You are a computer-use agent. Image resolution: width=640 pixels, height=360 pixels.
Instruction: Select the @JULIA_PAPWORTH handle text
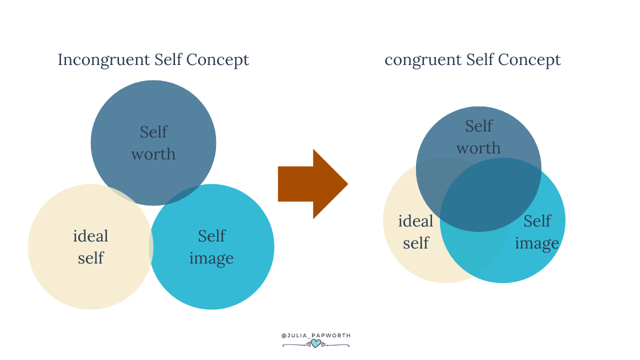(316, 335)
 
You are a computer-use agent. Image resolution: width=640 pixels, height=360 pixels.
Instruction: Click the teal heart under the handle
(316, 343)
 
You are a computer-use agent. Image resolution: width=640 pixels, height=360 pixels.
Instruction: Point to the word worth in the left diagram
(153, 154)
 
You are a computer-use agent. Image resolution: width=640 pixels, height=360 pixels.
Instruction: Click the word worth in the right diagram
(478, 148)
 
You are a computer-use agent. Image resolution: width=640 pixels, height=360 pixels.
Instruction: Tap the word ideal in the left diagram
(90, 236)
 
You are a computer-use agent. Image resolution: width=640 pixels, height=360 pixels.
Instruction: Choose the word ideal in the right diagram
(415, 221)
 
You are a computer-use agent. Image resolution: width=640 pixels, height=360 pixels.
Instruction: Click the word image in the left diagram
(211, 258)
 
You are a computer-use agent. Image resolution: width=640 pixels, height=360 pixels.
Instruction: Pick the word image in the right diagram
(537, 243)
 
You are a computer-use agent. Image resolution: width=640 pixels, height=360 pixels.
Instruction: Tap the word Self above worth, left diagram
(153, 132)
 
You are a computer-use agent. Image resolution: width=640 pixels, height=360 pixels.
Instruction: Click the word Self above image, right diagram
(537, 221)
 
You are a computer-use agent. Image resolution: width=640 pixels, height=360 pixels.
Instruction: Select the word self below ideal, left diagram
(90, 258)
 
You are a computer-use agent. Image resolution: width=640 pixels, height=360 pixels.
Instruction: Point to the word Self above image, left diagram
(211, 236)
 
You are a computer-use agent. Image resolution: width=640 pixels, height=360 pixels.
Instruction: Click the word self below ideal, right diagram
(416, 243)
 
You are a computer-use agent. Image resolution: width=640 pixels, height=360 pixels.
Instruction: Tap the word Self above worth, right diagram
(478, 126)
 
